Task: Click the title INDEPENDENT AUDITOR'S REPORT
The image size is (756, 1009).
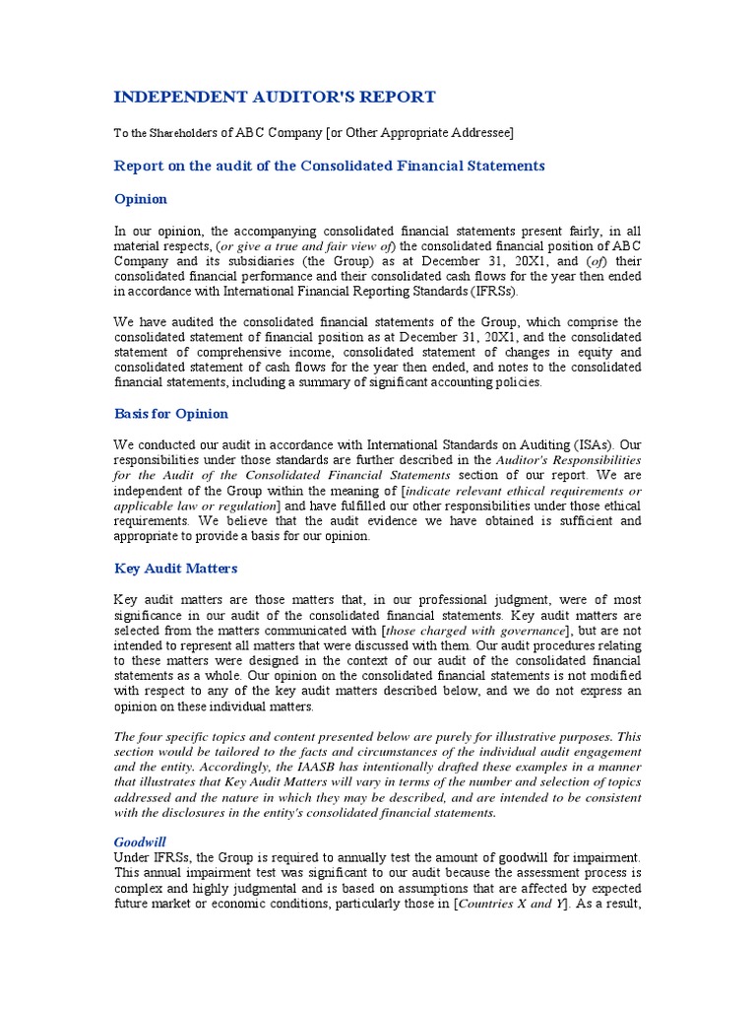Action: point(275,97)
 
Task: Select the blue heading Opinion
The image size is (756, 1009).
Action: point(141,199)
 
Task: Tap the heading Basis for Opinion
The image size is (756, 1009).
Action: point(171,414)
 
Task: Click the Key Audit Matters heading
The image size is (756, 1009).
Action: point(176,569)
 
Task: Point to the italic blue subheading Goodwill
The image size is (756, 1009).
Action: point(140,842)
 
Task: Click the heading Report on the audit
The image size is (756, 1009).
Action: point(330,166)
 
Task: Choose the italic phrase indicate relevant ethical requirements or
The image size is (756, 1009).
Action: point(524,491)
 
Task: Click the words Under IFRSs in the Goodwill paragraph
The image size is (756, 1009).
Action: point(150,857)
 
